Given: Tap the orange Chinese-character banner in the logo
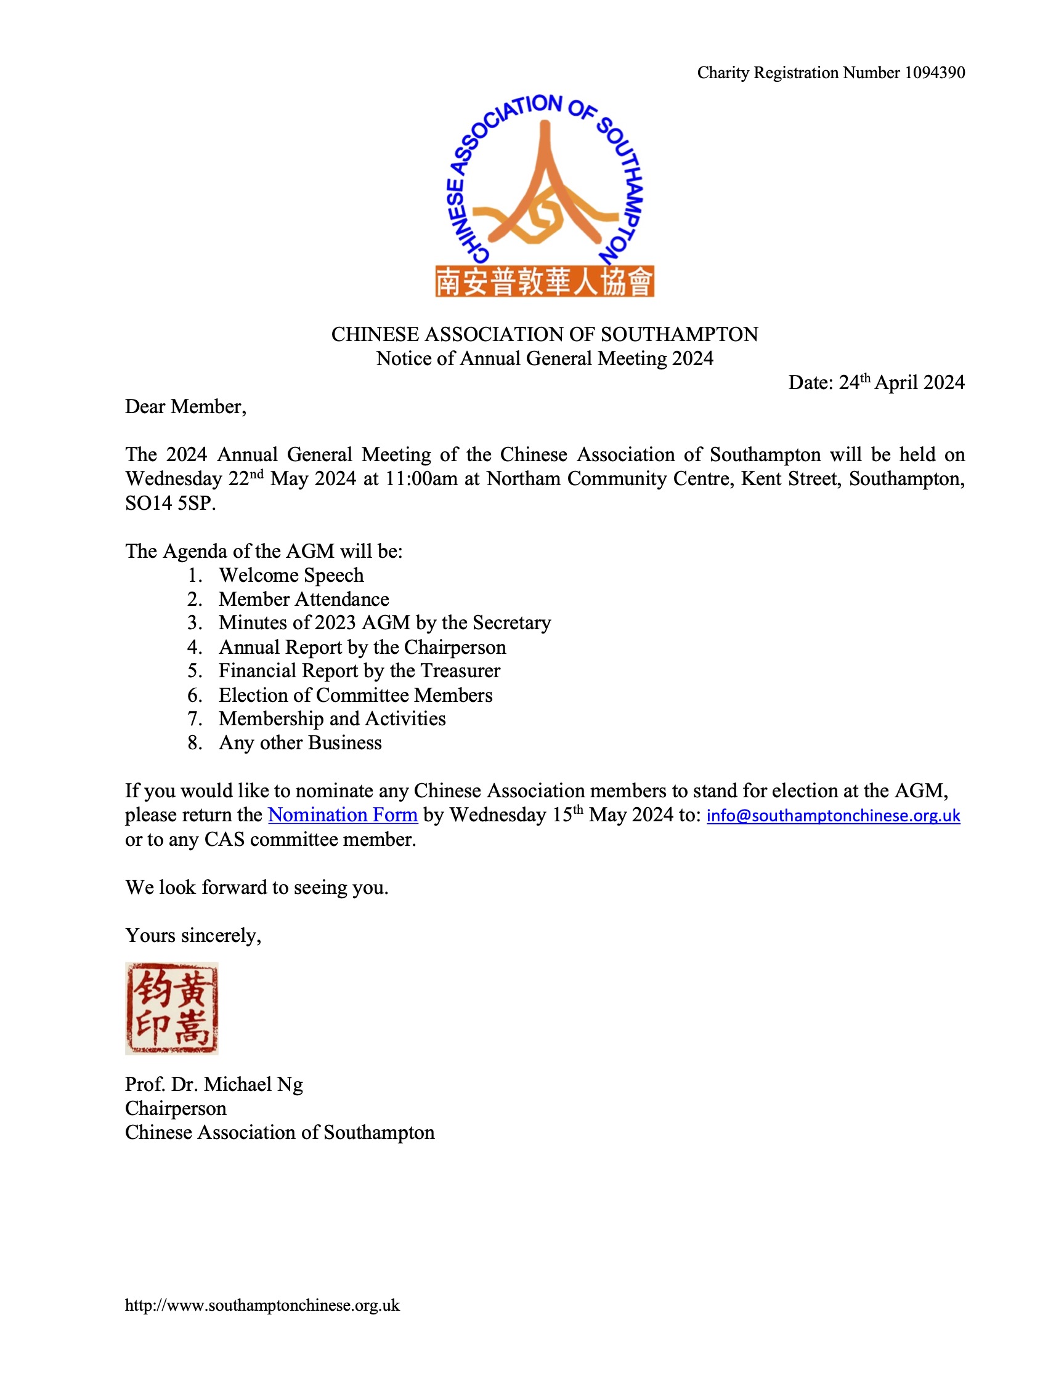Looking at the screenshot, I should click(545, 281).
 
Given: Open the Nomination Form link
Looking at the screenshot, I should click(343, 815).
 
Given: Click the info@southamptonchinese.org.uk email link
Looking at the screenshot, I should click(833, 815).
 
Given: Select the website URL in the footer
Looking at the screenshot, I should click(262, 1305).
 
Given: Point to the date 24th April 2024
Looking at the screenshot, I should click(901, 382).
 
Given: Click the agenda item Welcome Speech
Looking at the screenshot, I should click(291, 575).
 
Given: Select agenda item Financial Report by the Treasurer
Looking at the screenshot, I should click(359, 671).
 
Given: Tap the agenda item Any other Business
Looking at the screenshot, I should click(300, 743).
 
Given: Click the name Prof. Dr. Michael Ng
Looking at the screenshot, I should click(214, 1084).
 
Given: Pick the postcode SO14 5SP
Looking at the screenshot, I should click(170, 504).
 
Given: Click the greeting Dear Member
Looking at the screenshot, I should click(185, 407).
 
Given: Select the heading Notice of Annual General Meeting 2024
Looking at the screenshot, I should click(545, 358).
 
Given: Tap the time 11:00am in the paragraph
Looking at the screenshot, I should click(421, 479).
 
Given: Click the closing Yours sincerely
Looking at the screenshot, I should click(193, 936).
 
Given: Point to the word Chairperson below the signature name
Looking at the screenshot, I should click(175, 1108).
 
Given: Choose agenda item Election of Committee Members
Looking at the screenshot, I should click(355, 695).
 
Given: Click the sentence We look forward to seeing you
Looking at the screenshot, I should click(256, 888).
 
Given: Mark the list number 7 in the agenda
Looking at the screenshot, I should click(194, 719).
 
